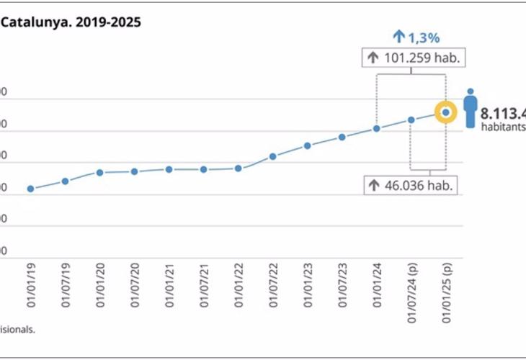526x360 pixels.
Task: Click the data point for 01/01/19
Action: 30,189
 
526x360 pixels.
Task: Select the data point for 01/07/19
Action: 65,181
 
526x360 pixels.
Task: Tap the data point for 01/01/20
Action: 99,173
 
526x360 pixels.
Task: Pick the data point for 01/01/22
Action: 238,168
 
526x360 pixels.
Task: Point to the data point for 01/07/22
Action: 273,156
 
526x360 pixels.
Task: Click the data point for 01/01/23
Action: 307,145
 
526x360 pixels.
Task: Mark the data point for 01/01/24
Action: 376,129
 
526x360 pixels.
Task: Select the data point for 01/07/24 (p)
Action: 411,120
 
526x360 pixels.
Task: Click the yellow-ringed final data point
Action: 445,112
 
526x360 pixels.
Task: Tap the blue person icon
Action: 471,109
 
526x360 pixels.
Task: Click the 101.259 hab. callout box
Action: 411,58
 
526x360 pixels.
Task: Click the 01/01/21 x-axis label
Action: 169,286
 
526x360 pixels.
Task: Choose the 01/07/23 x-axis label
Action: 342,286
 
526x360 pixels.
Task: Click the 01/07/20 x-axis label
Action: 134,286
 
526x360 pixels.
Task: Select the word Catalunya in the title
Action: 28,22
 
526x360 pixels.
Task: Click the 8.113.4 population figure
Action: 503,113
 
